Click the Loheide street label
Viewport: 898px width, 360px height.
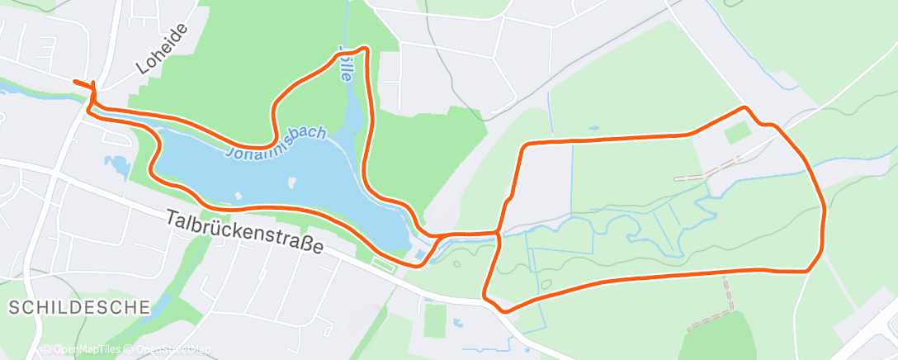pyautogui.click(x=163, y=49)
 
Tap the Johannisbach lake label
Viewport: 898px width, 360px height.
pyautogui.click(x=277, y=143)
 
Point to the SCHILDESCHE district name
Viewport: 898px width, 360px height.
pyautogui.click(x=79, y=307)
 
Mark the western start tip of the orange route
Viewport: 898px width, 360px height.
pyautogui.click(x=75, y=82)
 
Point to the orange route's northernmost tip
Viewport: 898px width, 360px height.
pyautogui.click(x=363, y=49)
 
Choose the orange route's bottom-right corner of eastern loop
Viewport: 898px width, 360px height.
pyautogui.click(x=809, y=269)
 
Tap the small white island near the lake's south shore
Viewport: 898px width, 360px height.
pyautogui.click(x=238, y=196)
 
